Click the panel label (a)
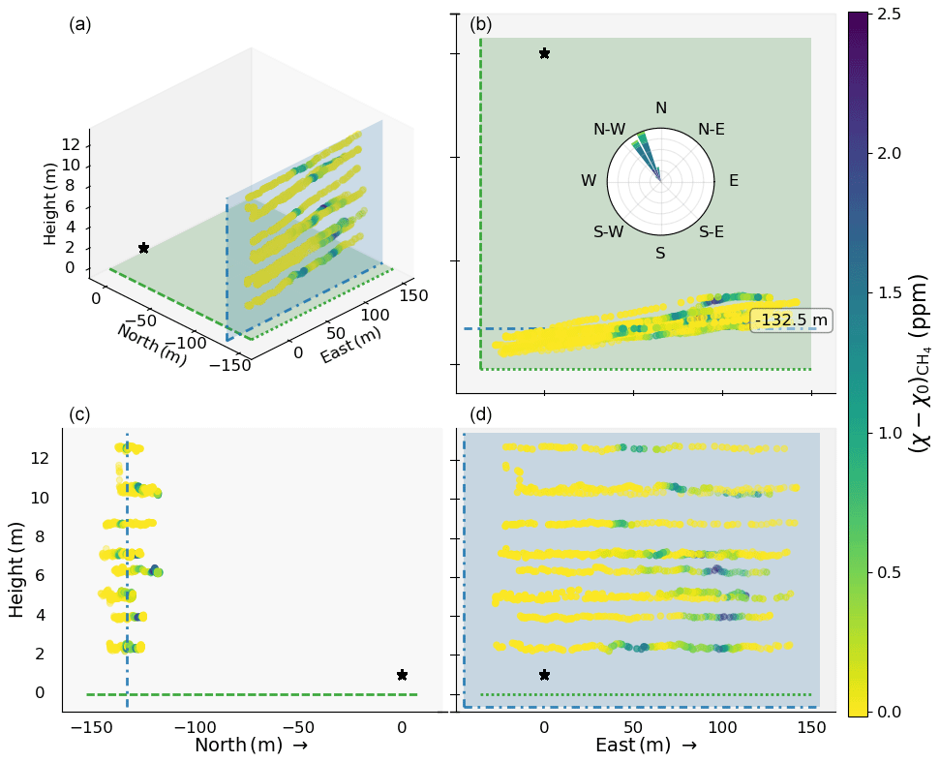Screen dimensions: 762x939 [80, 25]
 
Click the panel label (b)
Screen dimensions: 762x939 [481, 25]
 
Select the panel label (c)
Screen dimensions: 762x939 [80, 414]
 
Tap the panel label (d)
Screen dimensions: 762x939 [481, 414]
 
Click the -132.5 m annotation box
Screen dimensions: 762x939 [792, 320]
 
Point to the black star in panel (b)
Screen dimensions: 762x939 [544, 53]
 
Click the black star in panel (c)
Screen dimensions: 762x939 [402, 675]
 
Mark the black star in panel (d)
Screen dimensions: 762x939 [544, 675]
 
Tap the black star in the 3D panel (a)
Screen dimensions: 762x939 [143, 248]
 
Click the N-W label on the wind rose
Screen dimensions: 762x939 [610, 129]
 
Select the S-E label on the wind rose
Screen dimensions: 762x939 [712, 232]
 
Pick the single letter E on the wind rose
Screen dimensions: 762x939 [734, 180]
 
